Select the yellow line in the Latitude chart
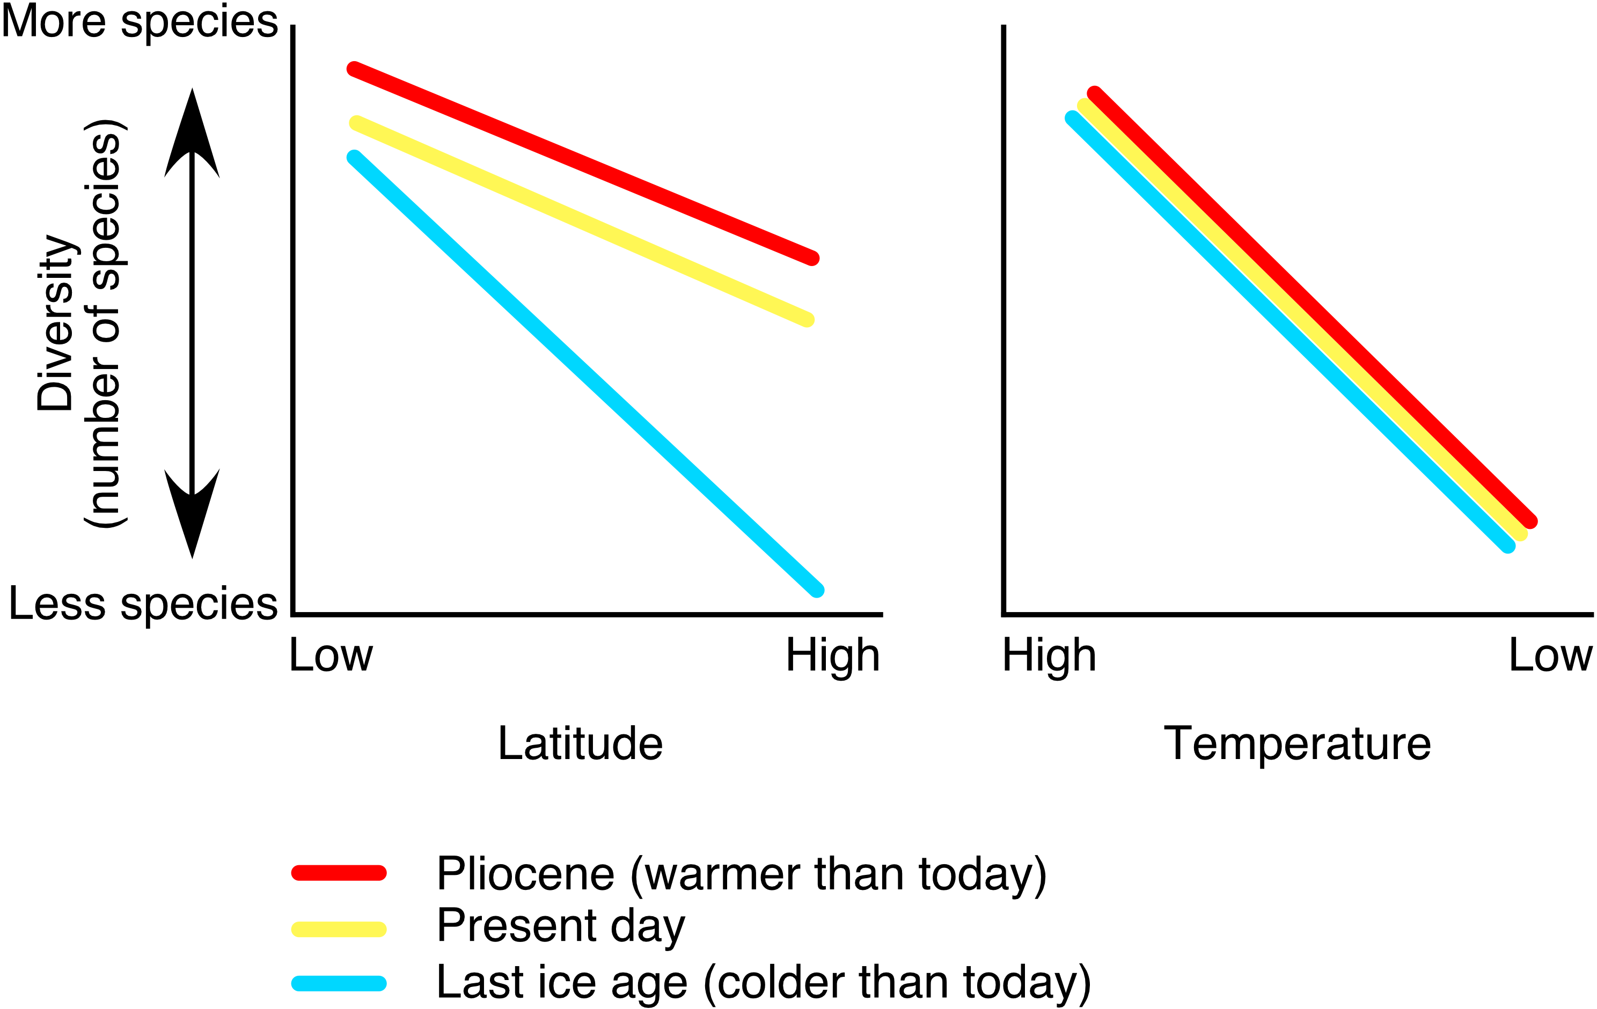coord(582,222)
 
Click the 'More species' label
coord(140,22)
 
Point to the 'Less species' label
coord(143,604)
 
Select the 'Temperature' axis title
coord(1297,744)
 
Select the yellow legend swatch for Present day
coord(339,929)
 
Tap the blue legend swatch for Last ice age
coord(339,983)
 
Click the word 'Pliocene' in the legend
coord(525,874)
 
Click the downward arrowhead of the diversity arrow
coord(192,517)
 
